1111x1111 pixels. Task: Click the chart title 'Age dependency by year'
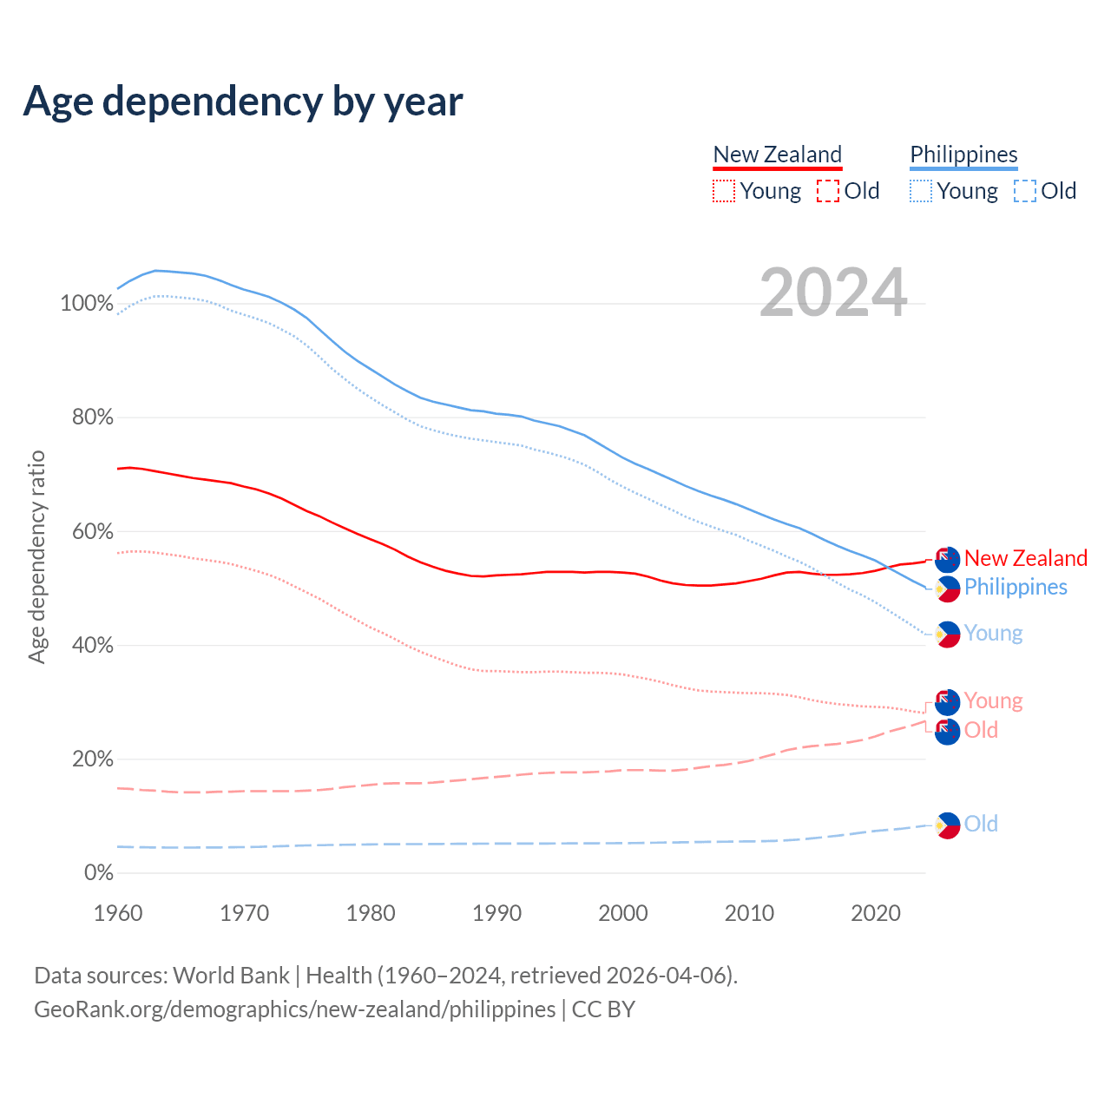[x=243, y=102]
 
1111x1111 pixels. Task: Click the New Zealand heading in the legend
[x=777, y=154]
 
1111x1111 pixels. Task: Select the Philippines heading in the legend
[x=963, y=154]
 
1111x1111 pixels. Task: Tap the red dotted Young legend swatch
[x=724, y=191]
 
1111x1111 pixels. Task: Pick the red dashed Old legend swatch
[x=828, y=191]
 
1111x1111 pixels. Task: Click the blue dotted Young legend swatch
[x=921, y=191]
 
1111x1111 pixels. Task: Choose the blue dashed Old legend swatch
[x=1025, y=191]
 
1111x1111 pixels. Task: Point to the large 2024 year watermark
[x=833, y=293]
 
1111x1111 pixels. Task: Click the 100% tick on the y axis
[x=87, y=304]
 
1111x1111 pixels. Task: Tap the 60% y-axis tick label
[x=92, y=531]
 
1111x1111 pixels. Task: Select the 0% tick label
[x=98, y=873]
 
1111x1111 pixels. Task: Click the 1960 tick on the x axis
[x=118, y=913]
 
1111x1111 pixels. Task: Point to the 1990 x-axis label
[x=497, y=913]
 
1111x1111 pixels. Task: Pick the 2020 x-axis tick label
[x=876, y=913]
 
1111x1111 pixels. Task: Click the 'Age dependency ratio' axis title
[x=36, y=557]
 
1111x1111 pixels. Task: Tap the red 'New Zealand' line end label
[x=1025, y=558]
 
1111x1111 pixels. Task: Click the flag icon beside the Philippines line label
[x=947, y=588]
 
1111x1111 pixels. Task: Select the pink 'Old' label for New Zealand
[x=981, y=730]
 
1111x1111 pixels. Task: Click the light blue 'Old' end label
[x=981, y=824]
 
